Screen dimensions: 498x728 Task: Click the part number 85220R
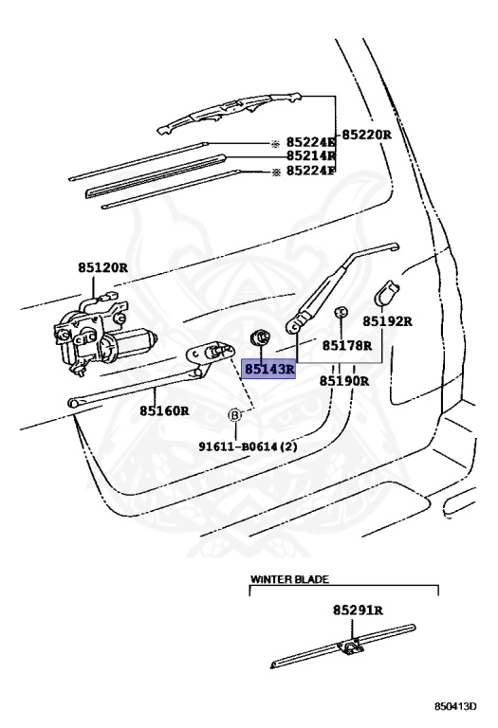(x=367, y=136)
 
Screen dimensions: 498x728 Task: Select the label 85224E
(x=311, y=141)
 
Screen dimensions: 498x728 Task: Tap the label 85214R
(x=311, y=155)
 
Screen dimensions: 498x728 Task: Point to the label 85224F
(x=311, y=171)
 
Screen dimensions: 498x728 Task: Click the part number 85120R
(x=102, y=267)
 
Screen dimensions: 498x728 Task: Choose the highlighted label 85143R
(x=270, y=370)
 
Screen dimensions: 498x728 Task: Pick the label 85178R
(x=347, y=345)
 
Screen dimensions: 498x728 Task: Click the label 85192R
(x=387, y=320)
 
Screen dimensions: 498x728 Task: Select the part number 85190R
(x=344, y=381)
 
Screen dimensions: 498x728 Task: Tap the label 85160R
(x=164, y=410)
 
